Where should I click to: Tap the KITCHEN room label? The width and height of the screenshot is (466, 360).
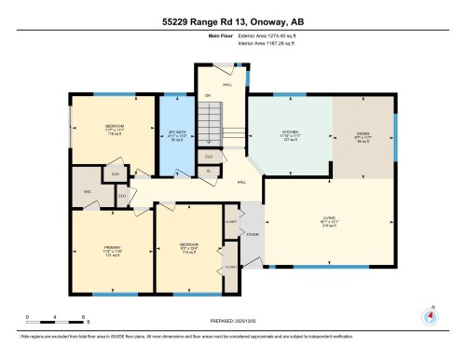pyautogui.click(x=290, y=133)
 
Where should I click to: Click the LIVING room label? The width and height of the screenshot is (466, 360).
pyautogui.click(x=328, y=222)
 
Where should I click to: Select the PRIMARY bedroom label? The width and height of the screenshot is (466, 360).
pyautogui.click(x=112, y=250)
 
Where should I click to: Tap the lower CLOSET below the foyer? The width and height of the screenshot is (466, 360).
pyautogui.click(x=230, y=268)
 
